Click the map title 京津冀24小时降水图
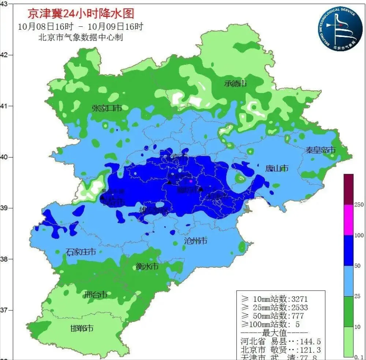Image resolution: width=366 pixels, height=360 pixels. click(81, 14)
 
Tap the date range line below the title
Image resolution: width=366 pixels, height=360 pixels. click(80, 27)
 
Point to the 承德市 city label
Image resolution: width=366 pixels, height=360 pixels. click(235, 84)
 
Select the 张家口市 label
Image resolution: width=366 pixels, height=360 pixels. click(107, 108)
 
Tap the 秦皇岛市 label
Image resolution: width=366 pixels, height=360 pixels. click(320, 150)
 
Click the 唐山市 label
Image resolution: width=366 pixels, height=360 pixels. click(277, 168)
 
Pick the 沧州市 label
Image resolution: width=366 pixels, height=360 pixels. click(196, 241)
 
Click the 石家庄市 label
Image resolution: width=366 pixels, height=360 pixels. click(80, 252)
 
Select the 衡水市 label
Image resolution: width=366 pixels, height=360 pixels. click(147, 267)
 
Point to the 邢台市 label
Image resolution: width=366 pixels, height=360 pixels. click(95, 295)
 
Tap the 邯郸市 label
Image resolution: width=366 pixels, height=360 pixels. click(82, 328)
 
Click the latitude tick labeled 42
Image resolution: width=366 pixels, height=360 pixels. click(4, 55)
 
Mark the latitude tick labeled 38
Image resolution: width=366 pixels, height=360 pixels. click(4, 259)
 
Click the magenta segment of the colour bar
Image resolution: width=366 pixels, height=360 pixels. click(348, 220)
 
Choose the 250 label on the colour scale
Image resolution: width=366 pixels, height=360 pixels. click(359, 205)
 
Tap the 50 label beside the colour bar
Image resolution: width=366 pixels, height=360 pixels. click(358, 265)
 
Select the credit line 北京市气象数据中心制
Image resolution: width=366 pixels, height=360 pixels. click(80, 38)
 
